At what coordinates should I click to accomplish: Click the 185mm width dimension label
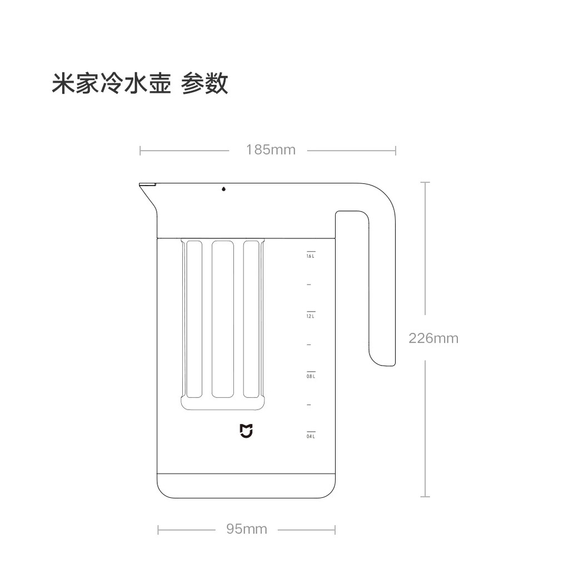coord(271,149)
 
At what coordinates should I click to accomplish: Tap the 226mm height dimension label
coord(433,338)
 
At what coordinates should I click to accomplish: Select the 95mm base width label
coord(247,529)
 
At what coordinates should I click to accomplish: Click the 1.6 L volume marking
coord(311,256)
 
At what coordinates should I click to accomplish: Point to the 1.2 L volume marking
coord(311,316)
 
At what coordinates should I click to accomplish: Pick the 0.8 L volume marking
coord(311,376)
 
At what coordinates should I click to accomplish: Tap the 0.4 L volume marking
coord(311,436)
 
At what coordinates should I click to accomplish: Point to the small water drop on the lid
coord(223,189)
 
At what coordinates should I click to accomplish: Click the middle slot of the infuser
coord(222,319)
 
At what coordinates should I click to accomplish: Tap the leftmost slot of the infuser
coord(194,319)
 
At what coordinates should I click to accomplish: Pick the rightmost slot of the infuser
coord(251,319)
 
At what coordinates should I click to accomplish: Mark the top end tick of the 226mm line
coord(426,182)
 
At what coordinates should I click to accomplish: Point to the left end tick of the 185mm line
coord(141,150)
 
